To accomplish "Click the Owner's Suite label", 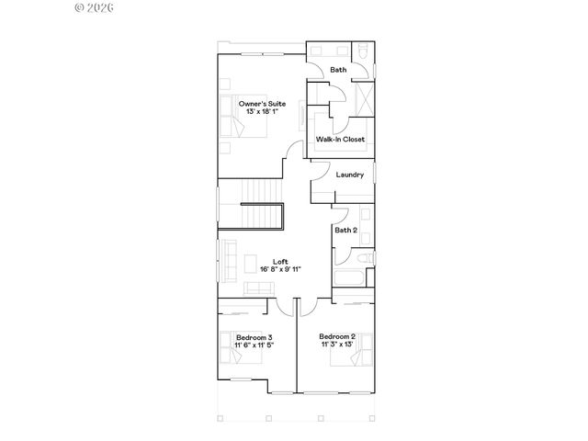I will click(262, 104).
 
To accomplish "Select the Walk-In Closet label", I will click(340, 140).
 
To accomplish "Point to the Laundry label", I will click(350, 175).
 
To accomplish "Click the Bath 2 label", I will click(346, 230).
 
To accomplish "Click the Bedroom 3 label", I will click(254, 337).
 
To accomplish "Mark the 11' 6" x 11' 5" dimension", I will click(254, 345).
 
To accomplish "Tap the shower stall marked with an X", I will click(364, 97).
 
